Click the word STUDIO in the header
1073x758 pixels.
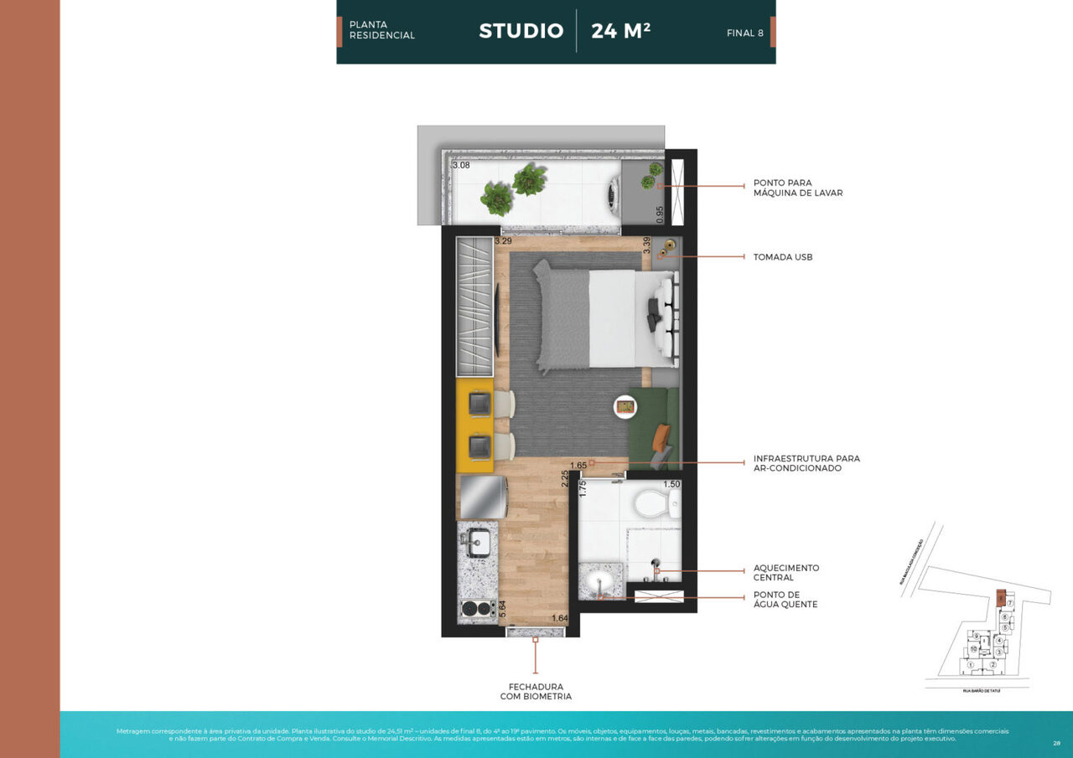(x=521, y=31)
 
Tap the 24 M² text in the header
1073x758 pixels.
(x=620, y=31)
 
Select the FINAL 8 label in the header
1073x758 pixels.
(x=744, y=34)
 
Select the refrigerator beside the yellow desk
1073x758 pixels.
(x=482, y=498)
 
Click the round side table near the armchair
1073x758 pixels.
(x=625, y=407)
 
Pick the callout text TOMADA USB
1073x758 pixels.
(x=782, y=257)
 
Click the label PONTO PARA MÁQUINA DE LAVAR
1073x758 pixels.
(x=797, y=188)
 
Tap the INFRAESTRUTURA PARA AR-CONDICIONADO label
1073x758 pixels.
(x=806, y=463)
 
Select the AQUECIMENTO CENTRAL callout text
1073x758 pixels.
(x=785, y=573)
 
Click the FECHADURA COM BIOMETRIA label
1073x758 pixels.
(x=536, y=692)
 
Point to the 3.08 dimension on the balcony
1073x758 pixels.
(x=461, y=166)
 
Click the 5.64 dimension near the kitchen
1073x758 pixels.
(x=502, y=609)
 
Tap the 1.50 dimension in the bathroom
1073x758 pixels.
(x=671, y=484)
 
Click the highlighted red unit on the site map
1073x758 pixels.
(x=1000, y=598)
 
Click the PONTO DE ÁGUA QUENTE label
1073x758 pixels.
(x=785, y=600)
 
